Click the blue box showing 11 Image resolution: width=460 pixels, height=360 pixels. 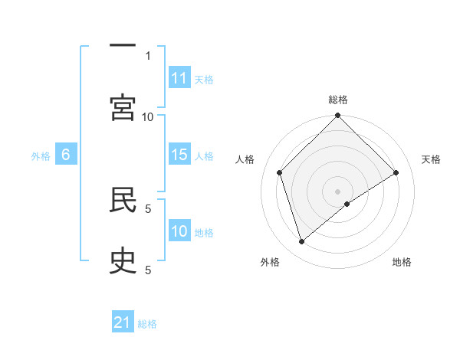[x=179, y=78]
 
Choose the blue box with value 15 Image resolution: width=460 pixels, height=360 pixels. [x=179, y=155]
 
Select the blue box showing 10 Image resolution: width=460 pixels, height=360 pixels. [x=179, y=231]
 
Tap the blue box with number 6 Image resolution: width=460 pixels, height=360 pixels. [x=66, y=155]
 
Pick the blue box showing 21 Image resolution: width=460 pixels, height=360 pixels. [x=123, y=322]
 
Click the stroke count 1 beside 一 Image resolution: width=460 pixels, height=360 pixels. [x=148, y=55]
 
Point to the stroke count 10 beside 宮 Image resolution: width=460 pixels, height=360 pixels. [x=148, y=116]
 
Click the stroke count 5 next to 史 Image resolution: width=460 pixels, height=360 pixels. [x=148, y=270]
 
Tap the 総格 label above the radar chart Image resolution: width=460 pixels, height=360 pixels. [x=338, y=100]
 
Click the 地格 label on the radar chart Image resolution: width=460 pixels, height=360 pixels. [x=402, y=262]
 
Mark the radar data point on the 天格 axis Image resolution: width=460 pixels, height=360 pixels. [x=396, y=172]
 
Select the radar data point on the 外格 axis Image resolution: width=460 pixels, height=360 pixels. [x=301, y=242]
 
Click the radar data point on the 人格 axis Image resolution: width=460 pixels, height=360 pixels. [x=280, y=172]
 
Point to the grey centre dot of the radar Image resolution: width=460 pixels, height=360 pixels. [x=338, y=191]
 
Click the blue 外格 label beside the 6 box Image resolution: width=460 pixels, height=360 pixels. [x=41, y=155]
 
